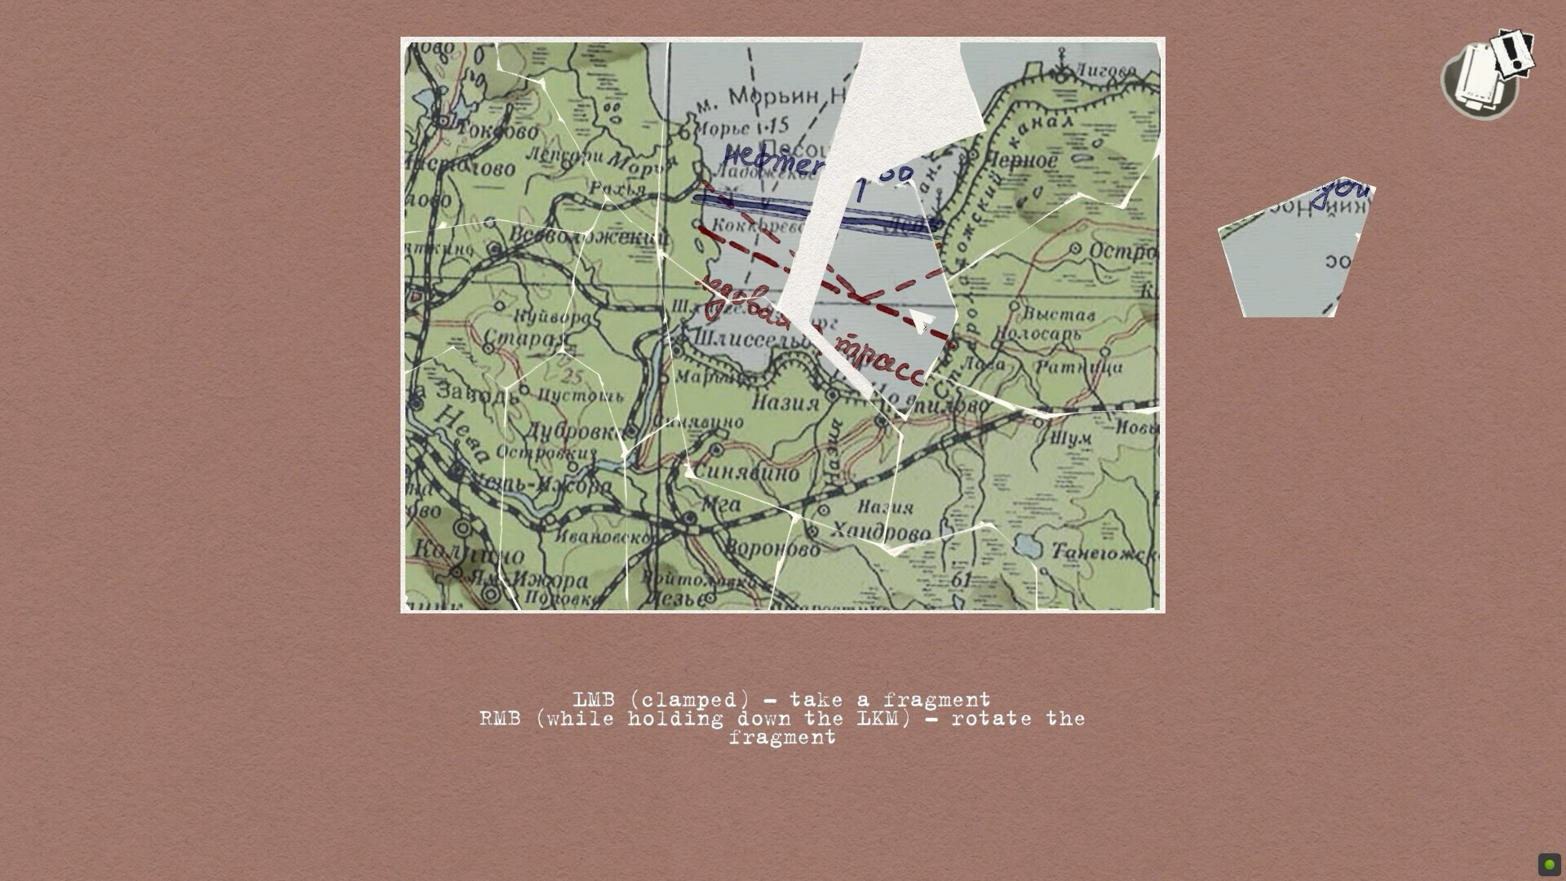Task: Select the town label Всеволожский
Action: point(588,237)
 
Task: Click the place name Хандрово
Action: point(880,533)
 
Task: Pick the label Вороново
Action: point(772,549)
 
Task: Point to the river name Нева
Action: point(461,433)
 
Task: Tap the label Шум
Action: point(1070,439)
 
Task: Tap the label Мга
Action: point(721,504)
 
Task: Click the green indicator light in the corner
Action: point(1549,865)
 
